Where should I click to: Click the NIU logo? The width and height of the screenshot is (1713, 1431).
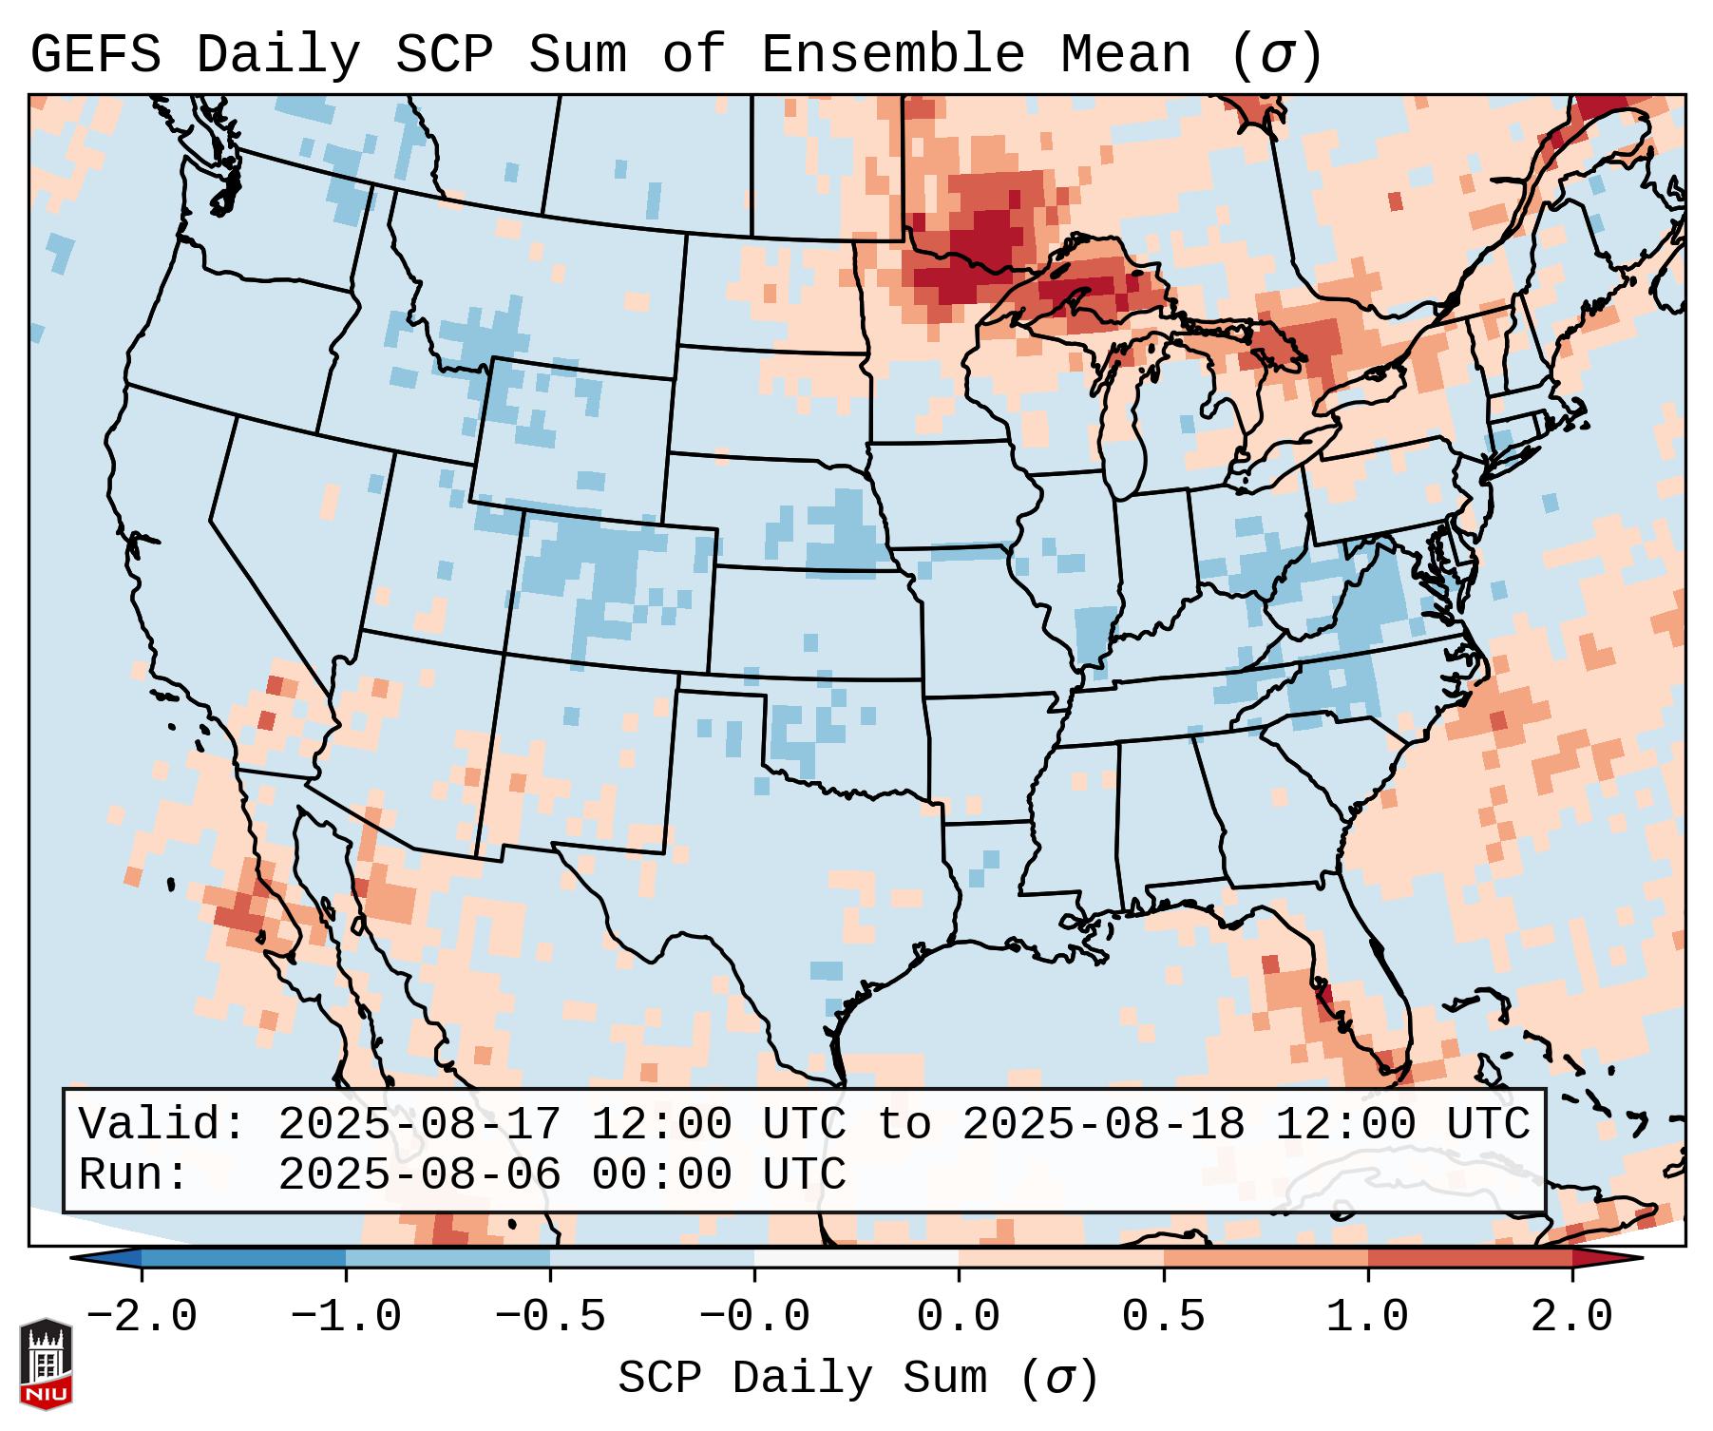[46, 1363]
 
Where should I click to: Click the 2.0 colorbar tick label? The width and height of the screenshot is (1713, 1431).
[1572, 1317]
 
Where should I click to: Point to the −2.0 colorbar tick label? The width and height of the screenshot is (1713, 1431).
[142, 1317]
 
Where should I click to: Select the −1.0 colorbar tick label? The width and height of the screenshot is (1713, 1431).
[346, 1317]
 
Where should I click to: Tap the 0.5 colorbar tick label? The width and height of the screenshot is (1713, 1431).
[1163, 1317]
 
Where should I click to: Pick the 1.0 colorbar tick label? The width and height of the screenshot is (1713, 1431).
[1367, 1317]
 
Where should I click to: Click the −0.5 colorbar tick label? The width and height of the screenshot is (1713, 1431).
[550, 1317]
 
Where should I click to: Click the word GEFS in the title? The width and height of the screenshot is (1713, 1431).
[96, 55]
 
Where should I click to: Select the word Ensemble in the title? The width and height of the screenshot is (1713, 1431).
[893, 55]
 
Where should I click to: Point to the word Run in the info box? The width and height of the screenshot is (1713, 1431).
[133, 1174]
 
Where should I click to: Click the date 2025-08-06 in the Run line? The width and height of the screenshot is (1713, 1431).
[419, 1174]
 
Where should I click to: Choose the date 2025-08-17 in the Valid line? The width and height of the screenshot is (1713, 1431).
[419, 1124]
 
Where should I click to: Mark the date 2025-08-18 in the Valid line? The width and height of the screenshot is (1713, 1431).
[1103, 1124]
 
